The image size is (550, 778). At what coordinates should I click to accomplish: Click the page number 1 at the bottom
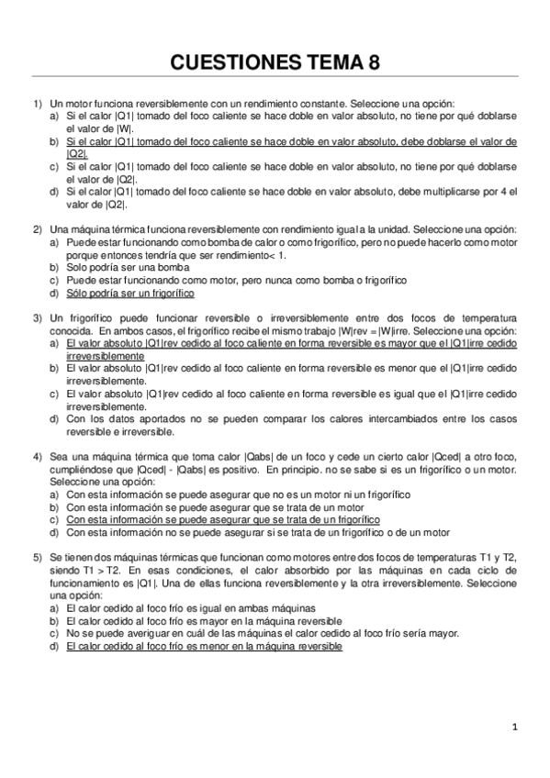pos(516,728)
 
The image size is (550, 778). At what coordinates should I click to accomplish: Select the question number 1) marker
pos(38,105)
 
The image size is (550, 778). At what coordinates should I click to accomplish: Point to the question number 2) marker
pos(38,228)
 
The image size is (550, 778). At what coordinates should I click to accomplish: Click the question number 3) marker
pos(38,317)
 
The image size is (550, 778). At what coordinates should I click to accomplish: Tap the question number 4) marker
pos(38,455)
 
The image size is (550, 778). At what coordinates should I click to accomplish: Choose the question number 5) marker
pos(38,557)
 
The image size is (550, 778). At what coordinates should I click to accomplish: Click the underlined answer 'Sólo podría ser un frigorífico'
pos(130,292)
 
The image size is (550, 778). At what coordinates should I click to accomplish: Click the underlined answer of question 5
pos(204,646)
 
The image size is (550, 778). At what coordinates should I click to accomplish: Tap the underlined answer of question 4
pos(223,518)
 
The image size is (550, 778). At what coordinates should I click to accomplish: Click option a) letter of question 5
pos(54,607)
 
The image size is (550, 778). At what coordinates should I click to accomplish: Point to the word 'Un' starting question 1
pos(56,105)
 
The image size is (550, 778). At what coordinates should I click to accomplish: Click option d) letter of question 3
pos(54,418)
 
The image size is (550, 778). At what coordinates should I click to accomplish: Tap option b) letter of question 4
pos(54,506)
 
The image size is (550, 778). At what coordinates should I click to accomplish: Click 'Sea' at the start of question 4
pos(59,455)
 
